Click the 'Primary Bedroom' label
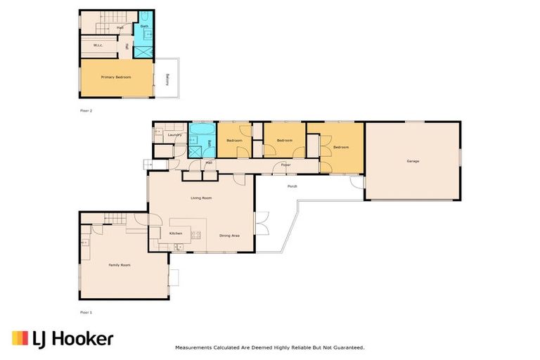[116, 77]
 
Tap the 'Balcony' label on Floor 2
[167, 79]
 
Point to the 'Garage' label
[413, 161]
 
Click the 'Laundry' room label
[175, 134]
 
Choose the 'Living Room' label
[201, 198]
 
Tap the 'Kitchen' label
[176, 233]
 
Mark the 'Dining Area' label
[229, 236]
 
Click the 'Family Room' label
[120, 265]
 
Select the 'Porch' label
[292, 186]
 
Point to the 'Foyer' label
[285, 165]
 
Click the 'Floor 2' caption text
[86, 111]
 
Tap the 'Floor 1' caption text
[86, 311]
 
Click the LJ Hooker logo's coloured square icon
[20, 339]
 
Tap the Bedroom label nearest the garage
[341, 147]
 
